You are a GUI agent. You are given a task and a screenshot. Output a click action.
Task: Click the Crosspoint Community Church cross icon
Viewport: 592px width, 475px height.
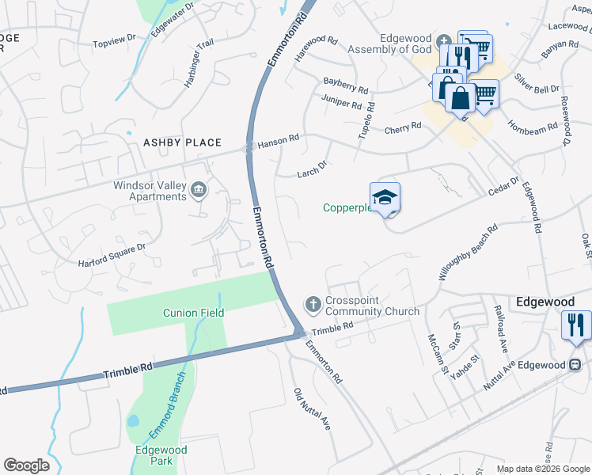point(313,303)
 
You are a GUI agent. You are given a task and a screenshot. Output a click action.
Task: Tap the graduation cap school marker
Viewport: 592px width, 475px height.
point(385,197)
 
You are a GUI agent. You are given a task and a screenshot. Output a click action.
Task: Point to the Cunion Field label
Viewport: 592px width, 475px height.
point(194,313)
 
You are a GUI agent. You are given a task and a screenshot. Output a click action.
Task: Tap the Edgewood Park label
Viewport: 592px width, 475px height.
point(161,454)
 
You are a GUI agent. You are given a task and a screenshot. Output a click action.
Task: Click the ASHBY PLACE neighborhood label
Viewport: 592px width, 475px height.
point(182,142)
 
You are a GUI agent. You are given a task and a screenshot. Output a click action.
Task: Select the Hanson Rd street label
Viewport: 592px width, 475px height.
point(278,139)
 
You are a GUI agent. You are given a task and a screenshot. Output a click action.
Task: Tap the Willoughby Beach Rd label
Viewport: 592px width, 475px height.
point(469,252)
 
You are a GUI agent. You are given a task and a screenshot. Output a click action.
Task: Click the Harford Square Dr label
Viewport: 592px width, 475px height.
point(112,252)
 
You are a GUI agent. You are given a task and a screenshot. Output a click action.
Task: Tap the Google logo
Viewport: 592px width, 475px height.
point(26,465)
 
